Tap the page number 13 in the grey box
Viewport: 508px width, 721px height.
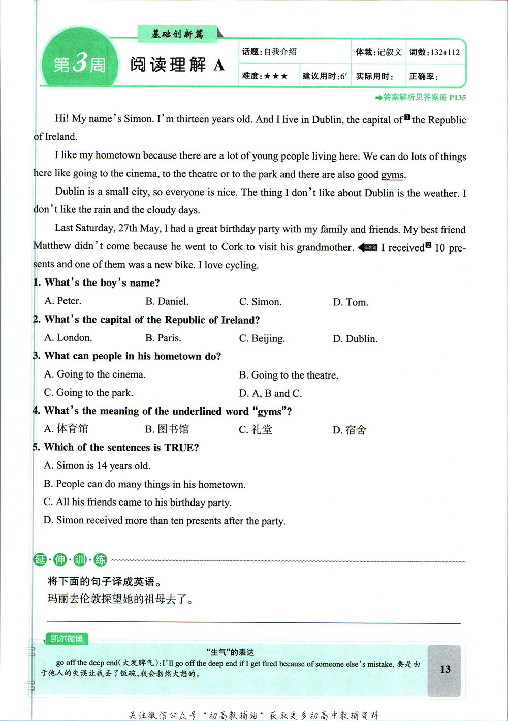click(445, 669)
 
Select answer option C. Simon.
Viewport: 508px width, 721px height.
click(260, 302)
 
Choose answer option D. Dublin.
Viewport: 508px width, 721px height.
click(355, 339)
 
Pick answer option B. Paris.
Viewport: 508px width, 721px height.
click(163, 338)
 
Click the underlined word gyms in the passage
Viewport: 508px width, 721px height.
click(392, 175)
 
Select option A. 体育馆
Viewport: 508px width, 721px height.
click(66, 429)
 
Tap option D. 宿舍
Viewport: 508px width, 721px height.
click(350, 430)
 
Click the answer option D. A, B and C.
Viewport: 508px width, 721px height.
click(270, 393)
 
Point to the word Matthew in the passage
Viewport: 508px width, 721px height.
click(52, 246)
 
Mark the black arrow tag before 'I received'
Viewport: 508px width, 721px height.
click(368, 248)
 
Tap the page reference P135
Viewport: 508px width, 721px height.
click(457, 98)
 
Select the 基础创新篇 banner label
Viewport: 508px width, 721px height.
click(177, 34)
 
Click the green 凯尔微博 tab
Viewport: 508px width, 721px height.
click(67, 639)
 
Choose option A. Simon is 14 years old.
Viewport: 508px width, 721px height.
click(97, 466)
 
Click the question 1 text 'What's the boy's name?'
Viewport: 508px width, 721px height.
click(102, 283)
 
